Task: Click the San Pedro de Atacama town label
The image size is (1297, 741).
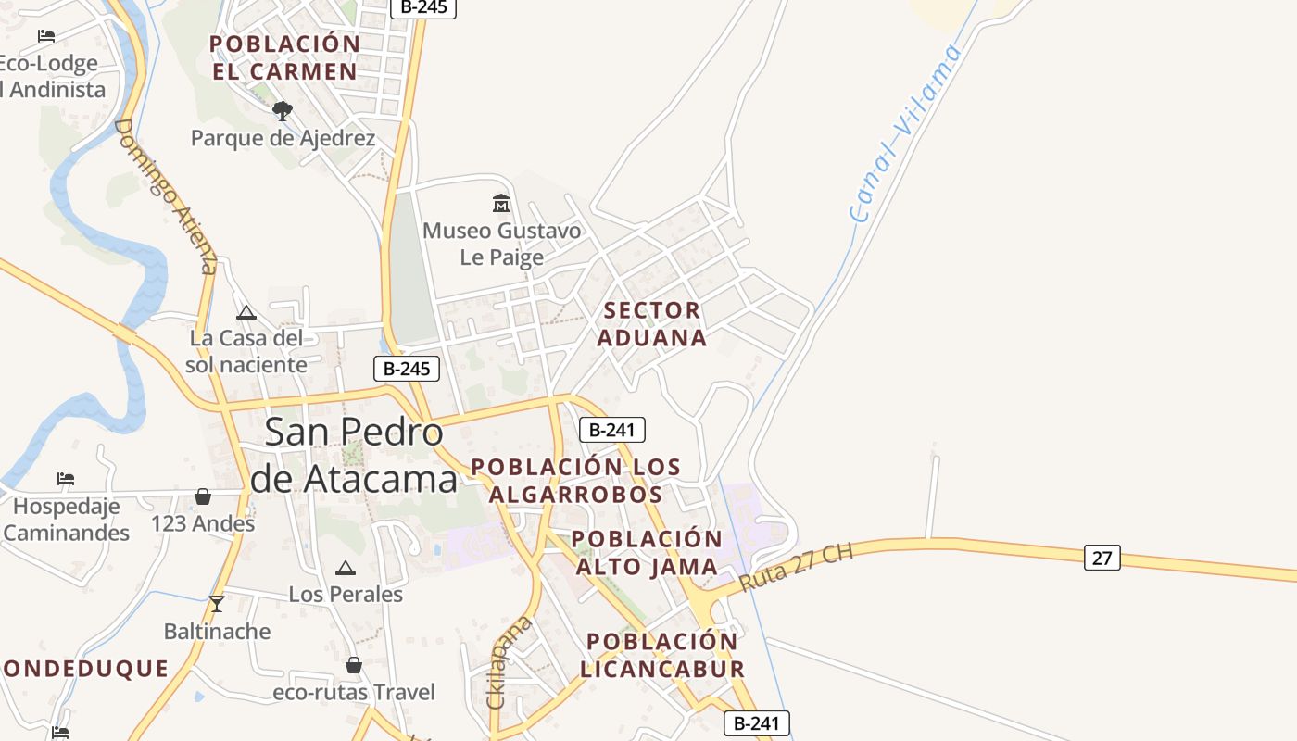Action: pos(354,455)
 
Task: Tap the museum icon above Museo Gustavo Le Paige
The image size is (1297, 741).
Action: pos(501,203)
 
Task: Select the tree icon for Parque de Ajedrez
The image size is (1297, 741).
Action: pos(283,112)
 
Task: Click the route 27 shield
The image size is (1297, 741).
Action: pos(1102,558)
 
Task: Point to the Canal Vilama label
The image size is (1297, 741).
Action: pos(906,133)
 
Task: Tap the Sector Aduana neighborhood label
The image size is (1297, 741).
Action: pos(652,324)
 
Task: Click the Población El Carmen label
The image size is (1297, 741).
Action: pos(284,57)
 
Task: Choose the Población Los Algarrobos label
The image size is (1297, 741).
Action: pos(576,481)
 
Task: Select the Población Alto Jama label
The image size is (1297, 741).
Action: pos(647,552)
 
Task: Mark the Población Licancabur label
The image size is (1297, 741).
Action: pos(662,655)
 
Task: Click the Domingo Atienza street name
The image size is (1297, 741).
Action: pos(166,196)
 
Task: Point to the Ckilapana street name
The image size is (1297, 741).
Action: pos(510,661)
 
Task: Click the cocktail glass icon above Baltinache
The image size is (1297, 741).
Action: pos(217,604)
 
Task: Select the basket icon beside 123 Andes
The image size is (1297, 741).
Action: pos(203,497)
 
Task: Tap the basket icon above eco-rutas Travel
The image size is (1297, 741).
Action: pos(353,665)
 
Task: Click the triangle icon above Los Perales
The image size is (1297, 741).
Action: pos(346,568)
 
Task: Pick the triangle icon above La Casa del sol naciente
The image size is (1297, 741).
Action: pos(246,312)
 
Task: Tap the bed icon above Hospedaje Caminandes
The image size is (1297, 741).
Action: pos(66,479)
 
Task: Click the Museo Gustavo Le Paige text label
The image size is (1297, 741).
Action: pos(501,244)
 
